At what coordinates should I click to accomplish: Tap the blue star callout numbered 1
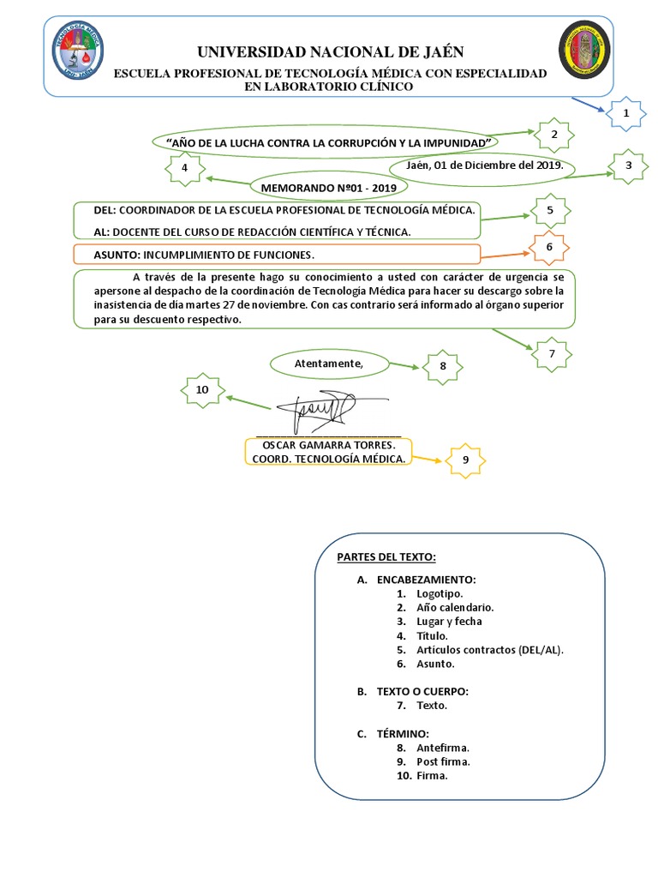[x=625, y=113]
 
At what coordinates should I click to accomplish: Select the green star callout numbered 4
[x=184, y=169]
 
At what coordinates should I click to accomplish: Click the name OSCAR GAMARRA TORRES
[x=328, y=446]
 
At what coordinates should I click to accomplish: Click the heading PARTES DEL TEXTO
[x=386, y=557]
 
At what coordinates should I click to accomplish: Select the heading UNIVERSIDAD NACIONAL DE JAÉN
[x=329, y=55]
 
